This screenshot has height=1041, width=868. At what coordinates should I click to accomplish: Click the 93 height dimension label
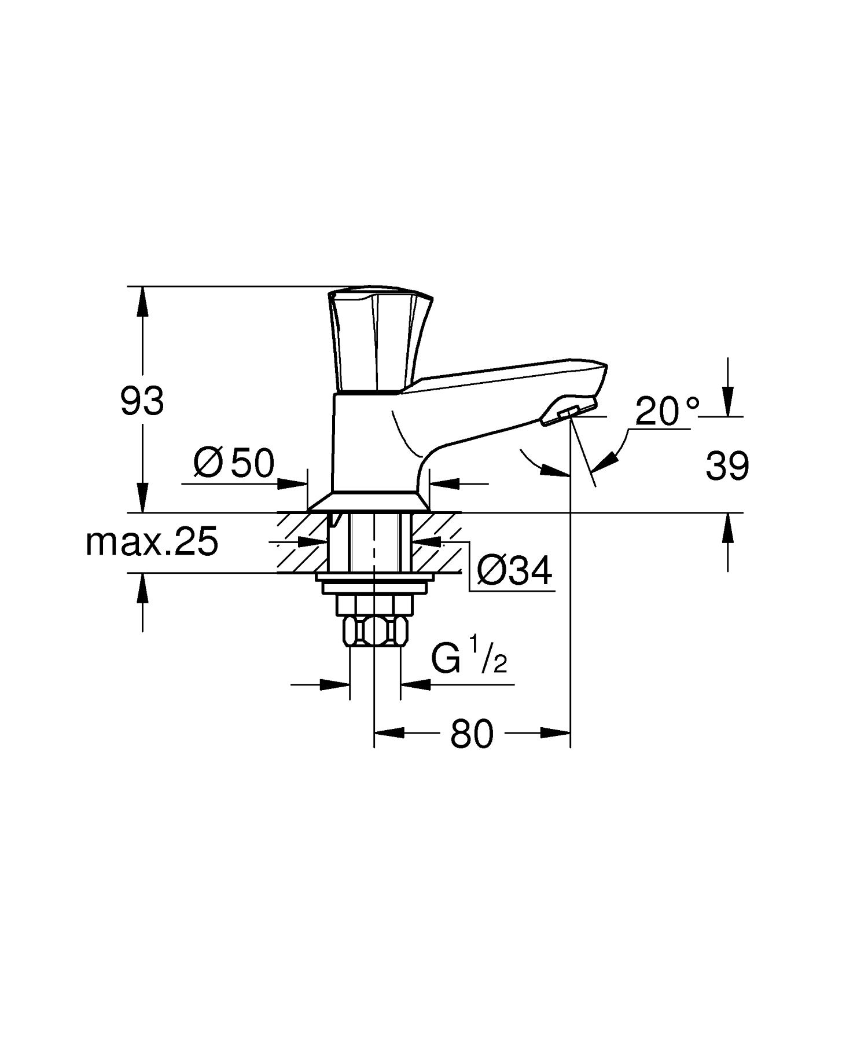pos(142,401)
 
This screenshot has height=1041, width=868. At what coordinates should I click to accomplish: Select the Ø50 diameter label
pos(234,463)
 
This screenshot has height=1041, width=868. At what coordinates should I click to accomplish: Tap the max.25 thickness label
pos(152,543)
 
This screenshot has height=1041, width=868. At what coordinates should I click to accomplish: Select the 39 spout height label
pos(727,465)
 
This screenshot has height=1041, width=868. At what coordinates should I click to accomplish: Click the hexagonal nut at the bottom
pos(376,632)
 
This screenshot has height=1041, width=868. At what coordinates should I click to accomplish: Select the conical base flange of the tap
pos(369,501)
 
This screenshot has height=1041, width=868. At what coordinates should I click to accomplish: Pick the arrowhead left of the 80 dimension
pos(389,733)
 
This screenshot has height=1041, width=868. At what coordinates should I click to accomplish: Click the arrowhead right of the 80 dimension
pos(556,733)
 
